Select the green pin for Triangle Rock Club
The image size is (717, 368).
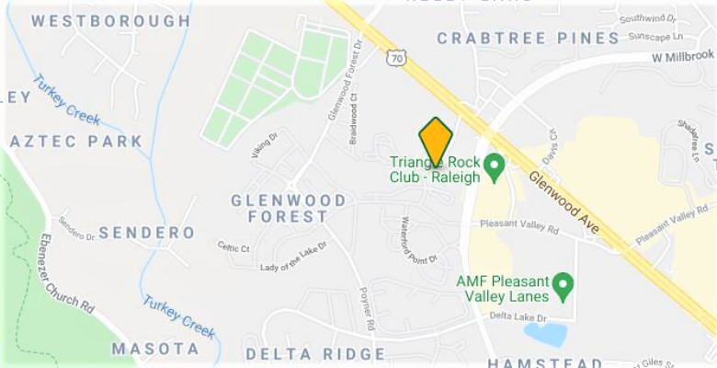tap(495, 167)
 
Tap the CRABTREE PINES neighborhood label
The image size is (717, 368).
tap(528, 38)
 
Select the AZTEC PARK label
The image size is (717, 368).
tap(75, 142)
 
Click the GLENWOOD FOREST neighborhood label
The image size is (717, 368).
tap(289, 208)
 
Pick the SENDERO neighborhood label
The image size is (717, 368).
tap(146, 233)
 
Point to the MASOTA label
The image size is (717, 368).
tap(154, 349)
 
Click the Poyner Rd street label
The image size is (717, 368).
tap(369, 312)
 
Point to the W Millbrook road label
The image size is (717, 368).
tap(684, 56)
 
